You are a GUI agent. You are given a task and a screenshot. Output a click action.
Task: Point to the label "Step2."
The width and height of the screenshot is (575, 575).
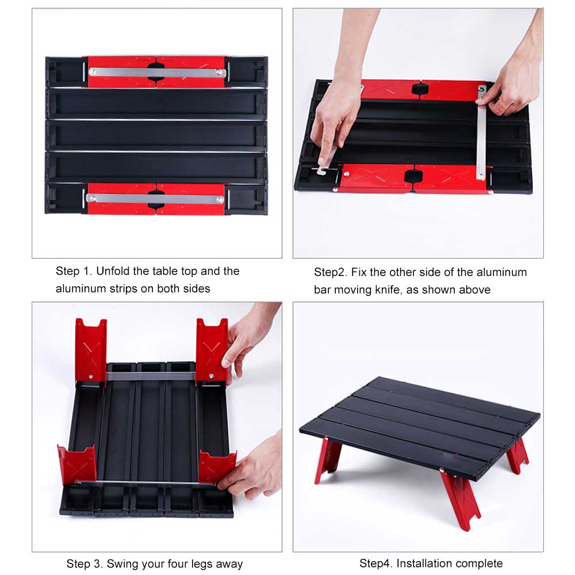(x=331, y=272)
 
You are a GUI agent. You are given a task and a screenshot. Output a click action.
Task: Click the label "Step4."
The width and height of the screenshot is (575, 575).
(x=376, y=563)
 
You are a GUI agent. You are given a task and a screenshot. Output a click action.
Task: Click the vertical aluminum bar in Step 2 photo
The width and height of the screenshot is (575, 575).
(x=481, y=135)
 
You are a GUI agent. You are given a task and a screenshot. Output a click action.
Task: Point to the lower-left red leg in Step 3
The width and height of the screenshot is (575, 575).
(x=76, y=465)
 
